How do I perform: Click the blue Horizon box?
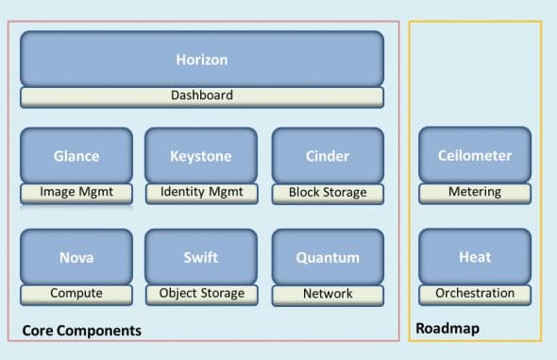pos(202,59)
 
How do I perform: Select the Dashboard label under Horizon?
pos(202,96)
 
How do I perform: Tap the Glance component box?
pos(76,155)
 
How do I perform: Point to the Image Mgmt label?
pos(76,193)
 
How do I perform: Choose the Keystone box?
pos(201,155)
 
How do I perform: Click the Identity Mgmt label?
pos(201,193)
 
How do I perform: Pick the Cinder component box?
pos(328,155)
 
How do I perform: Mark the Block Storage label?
pos(328,193)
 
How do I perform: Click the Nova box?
pos(76,256)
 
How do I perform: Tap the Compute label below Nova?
pos(76,294)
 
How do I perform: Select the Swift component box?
pos(201,256)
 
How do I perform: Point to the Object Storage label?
pos(201,294)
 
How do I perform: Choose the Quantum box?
pos(328,256)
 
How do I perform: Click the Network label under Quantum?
pos(328,294)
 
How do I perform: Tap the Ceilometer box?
pos(475,155)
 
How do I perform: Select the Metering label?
pos(475,193)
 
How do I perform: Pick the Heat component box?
pos(475,256)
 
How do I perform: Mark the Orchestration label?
pos(475,294)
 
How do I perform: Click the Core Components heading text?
pos(81,331)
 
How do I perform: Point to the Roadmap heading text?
pos(446,331)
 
